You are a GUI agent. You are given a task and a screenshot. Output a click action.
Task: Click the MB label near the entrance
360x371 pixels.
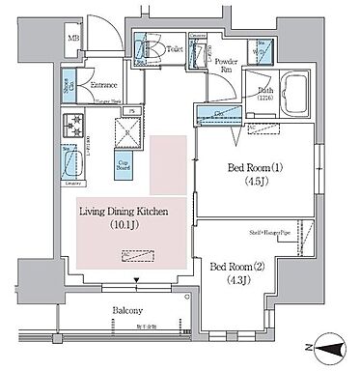point(73,39)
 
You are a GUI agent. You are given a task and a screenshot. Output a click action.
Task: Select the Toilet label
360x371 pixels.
point(174,45)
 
